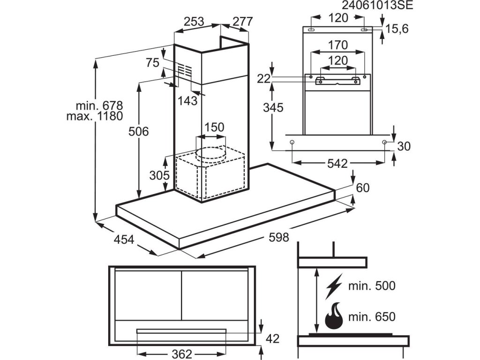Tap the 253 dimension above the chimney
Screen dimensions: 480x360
194,22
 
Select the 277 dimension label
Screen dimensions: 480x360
242,22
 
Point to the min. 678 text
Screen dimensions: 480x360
99,105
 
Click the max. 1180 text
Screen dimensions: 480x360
95,116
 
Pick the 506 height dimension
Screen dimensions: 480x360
138,132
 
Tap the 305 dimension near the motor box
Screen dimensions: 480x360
159,175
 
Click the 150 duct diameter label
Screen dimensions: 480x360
214,127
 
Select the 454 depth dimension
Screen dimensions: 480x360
124,240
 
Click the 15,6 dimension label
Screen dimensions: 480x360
397,29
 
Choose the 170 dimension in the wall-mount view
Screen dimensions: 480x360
338,45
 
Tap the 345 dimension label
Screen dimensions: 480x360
273,108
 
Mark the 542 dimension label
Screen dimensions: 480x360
337,164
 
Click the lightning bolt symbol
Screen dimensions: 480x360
334,286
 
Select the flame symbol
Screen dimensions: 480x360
334,316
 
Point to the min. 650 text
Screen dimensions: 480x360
372,316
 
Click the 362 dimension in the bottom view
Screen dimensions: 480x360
182,354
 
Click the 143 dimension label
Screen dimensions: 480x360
187,100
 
